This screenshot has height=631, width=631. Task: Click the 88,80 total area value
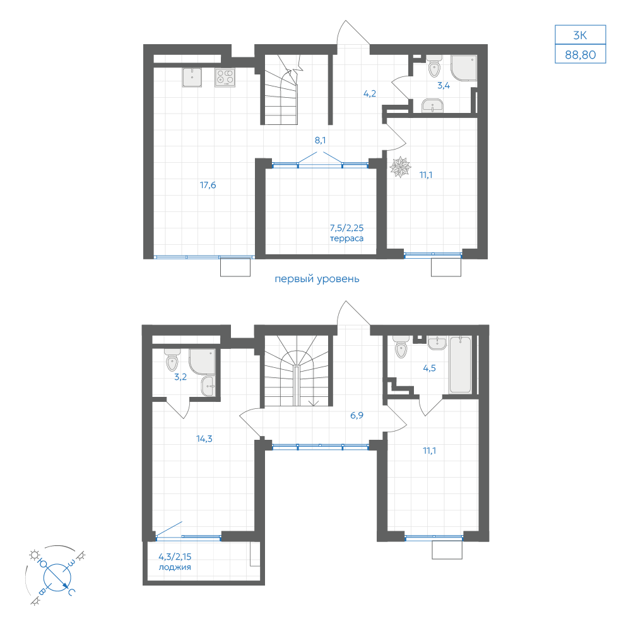coord(580,55)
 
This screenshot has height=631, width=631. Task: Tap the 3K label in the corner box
coord(580,35)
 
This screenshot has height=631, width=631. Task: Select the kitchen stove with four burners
coord(225,77)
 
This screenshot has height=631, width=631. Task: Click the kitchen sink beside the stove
coord(192,77)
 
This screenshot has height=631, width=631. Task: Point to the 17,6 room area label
coord(208,185)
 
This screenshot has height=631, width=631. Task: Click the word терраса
coord(347,239)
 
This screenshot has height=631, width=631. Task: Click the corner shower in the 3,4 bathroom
coord(464,68)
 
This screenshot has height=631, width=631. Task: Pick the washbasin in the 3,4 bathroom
coord(432,106)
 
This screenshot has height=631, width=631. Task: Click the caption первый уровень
coord(317,280)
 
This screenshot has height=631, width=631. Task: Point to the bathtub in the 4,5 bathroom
coord(461,365)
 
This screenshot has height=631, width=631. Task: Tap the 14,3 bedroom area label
coord(204,439)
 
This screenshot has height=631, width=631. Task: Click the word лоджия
coord(175,567)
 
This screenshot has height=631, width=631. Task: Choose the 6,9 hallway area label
coord(357,415)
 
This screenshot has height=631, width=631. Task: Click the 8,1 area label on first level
coord(321,141)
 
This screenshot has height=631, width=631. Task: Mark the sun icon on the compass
coord(34,555)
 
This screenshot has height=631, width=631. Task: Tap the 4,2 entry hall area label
coord(370,94)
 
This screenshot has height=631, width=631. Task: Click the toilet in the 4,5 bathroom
coord(401,347)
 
